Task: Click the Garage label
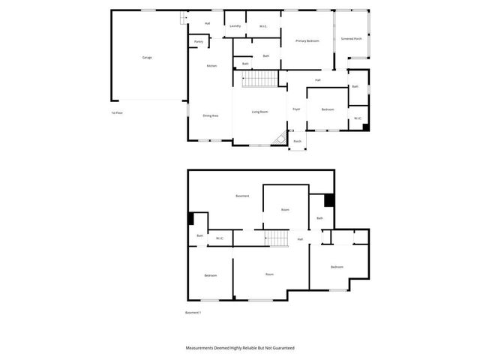tap(147, 57)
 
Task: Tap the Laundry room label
tap(235, 26)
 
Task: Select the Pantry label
tap(198, 42)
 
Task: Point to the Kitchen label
tap(211, 66)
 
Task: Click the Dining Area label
tap(210, 115)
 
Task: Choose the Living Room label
tap(259, 112)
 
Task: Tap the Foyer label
tap(296, 109)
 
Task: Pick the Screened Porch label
tap(351, 38)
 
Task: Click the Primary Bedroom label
tap(307, 40)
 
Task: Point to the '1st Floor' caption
tap(116, 112)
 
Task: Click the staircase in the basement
tap(278, 238)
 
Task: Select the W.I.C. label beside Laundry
tap(263, 26)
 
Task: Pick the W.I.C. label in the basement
tap(220, 238)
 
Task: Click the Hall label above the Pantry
tap(206, 23)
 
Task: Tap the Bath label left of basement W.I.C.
tap(200, 235)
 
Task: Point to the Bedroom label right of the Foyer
tap(328, 109)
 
